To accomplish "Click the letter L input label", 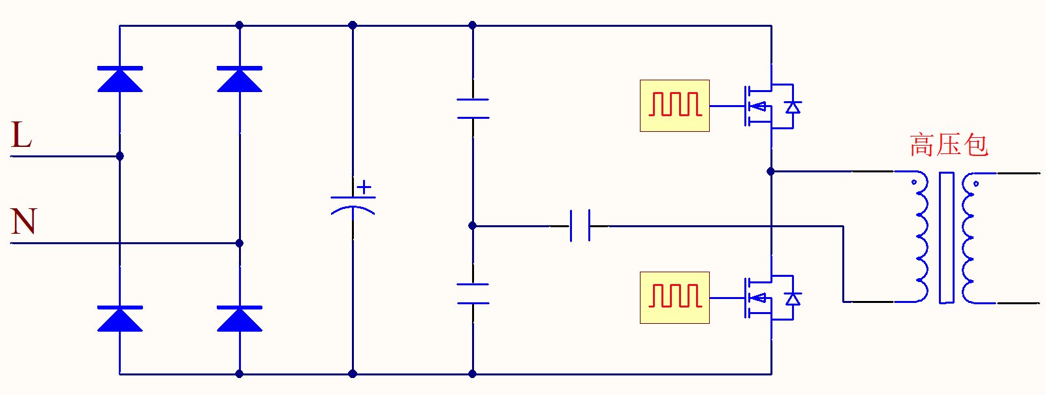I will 22,136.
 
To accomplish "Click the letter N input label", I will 24,221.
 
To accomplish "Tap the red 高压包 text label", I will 949,145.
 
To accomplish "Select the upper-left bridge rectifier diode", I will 120,78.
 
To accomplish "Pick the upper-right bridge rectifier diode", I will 240,78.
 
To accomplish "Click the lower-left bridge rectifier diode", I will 120,319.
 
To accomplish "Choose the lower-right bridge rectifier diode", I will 240,319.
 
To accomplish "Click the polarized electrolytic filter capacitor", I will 353,203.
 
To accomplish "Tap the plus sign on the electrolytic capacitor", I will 364,187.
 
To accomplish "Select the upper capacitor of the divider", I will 473,108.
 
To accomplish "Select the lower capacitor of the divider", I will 473,294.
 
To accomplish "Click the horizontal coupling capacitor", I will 580,226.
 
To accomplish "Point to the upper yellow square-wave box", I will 674,106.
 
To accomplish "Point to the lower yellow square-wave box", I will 674,298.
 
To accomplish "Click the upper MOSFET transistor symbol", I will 761,106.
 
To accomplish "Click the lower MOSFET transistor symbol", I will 761,298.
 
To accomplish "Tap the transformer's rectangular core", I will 946,238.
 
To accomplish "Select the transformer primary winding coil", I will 921,238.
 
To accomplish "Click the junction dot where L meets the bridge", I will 119,156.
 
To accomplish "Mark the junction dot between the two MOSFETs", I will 771,171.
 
